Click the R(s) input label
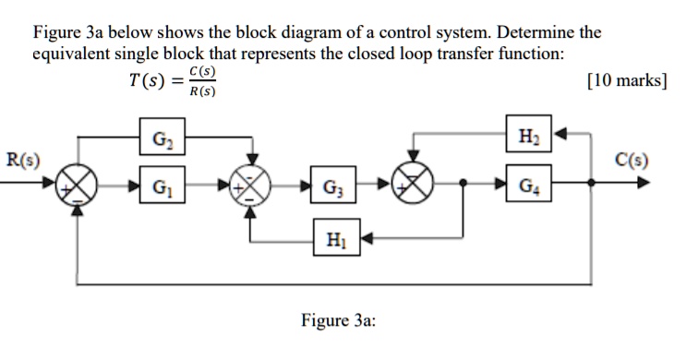21,159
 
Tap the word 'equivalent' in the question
73,54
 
